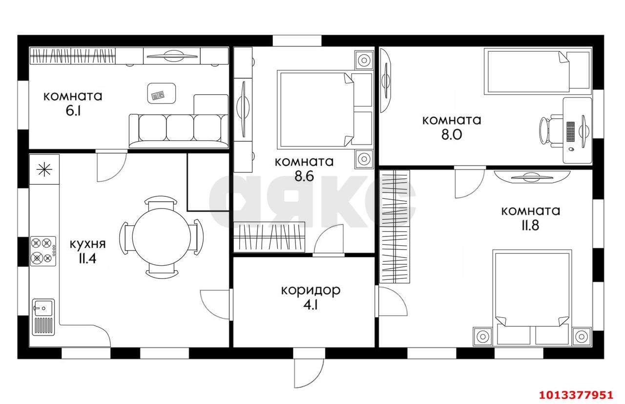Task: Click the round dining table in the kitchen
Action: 162,237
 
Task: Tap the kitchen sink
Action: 43,317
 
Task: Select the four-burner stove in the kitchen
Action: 43,251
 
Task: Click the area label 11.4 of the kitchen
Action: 87,259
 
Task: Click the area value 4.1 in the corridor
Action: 311,305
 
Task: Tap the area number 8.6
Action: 304,176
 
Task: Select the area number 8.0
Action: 452,134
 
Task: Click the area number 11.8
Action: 530,225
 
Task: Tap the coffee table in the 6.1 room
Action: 162,93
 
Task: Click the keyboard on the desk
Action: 571,131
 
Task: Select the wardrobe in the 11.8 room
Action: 395,227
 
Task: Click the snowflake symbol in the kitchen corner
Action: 44,170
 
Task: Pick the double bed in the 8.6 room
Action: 325,109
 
